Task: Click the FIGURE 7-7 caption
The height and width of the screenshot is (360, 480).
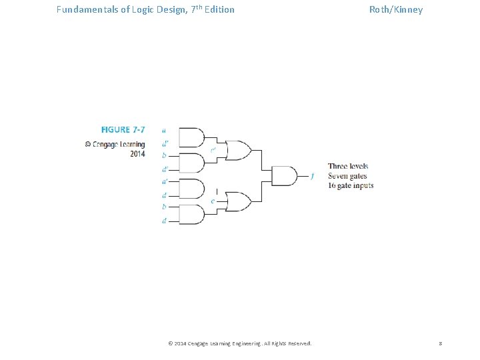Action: [123, 129]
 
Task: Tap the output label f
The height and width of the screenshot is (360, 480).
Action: [312, 176]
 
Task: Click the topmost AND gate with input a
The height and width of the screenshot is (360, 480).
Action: [192, 137]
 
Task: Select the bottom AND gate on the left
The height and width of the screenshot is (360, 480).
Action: [192, 214]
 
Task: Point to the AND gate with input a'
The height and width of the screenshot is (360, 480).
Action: [192, 189]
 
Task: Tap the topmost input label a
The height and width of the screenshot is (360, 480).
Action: [164, 131]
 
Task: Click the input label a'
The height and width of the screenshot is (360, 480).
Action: [164, 181]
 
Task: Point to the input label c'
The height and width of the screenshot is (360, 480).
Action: [213, 150]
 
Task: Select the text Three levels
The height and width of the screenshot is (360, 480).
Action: [347, 166]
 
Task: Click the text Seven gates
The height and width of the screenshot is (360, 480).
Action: [347, 176]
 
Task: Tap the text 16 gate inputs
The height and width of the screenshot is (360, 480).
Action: [351, 185]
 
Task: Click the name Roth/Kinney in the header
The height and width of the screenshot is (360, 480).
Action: [396, 9]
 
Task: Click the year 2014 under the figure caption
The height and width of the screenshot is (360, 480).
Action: [137, 154]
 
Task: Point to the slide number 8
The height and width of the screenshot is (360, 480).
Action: [440, 343]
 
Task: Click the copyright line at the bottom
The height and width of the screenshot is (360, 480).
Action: [239, 343]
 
